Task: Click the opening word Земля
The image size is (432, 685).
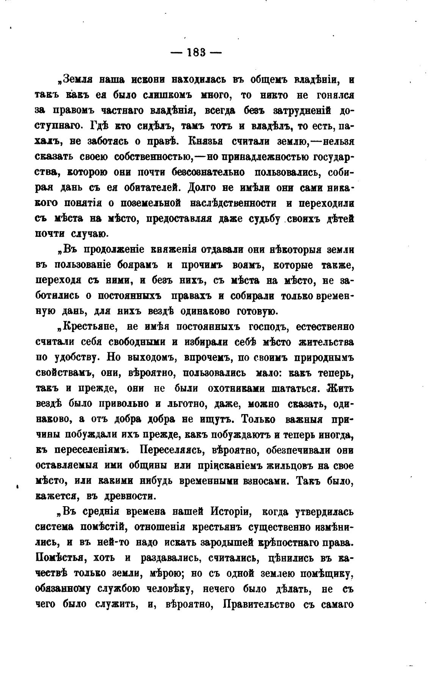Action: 78,80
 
